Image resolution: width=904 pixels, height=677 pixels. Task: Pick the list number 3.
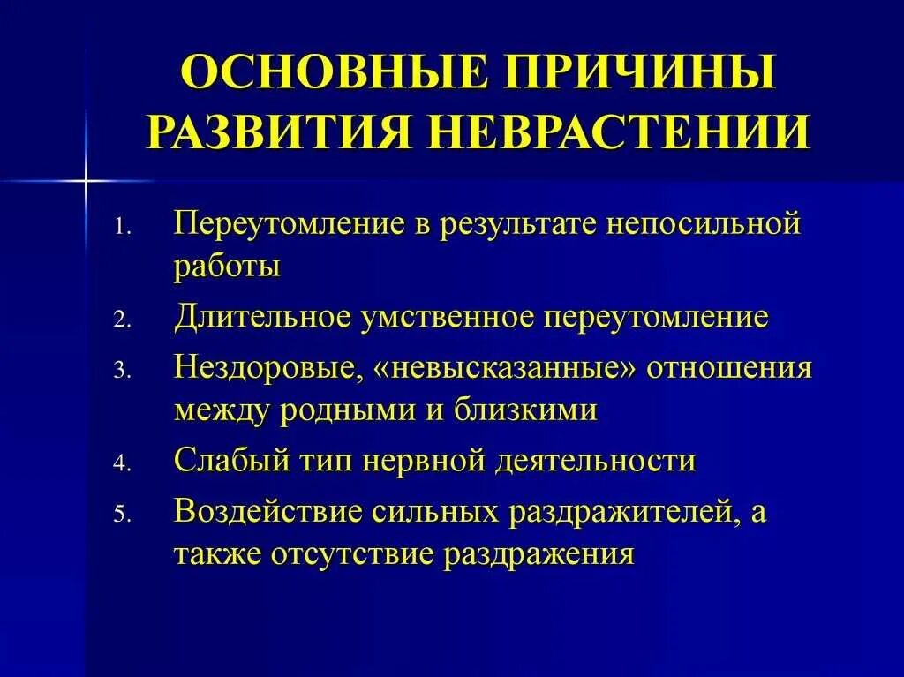(123, 372)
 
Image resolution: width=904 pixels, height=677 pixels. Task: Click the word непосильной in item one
(703, 223)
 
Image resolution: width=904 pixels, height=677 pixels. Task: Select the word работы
(227, 267)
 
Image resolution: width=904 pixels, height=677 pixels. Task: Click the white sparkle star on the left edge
(86, 180)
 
